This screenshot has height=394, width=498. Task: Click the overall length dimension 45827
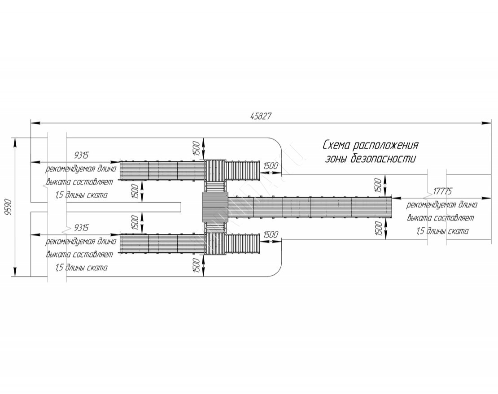261,116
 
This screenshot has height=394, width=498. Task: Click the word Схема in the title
336,146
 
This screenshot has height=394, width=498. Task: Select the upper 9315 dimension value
81,156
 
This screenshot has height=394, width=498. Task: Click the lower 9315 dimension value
81,228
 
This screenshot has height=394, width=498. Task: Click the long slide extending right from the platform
310,208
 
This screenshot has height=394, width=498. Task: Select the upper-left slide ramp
162,170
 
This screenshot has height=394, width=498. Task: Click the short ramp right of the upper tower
242,170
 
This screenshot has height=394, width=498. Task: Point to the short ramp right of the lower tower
242,243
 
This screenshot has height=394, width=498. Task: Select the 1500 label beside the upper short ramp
271,166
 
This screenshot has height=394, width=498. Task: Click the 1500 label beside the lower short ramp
271,235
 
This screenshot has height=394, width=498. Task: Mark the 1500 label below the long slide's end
378,229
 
